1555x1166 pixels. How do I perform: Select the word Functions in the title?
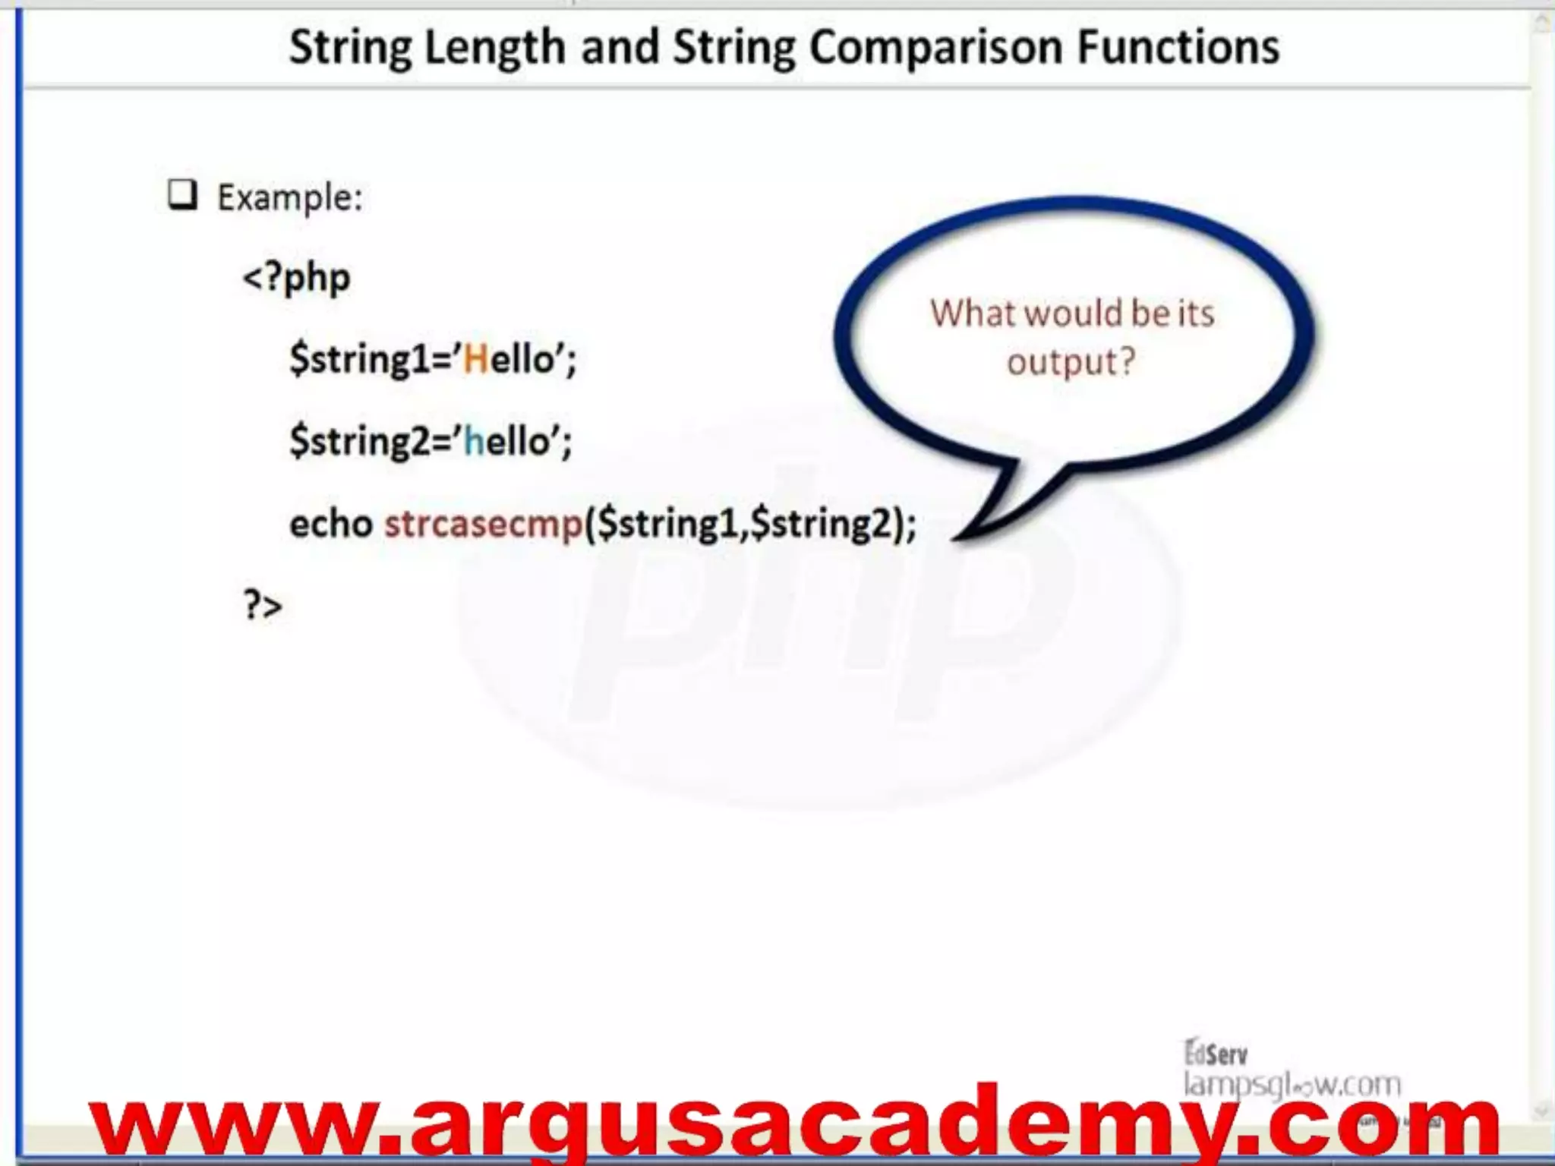(1178, 47)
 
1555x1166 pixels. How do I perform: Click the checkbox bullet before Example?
(182, 195)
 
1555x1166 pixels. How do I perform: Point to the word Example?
(290, 198)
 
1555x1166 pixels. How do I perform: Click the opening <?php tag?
(296, 279)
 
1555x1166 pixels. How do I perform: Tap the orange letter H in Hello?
(476, 359)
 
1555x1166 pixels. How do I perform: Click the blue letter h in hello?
(474, 441)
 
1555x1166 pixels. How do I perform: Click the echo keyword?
(331, 524)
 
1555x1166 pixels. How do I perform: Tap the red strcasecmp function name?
(484, 524)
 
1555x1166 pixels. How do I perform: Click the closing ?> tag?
(263, 606)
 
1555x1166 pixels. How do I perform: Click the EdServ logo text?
(1216, 1054)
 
